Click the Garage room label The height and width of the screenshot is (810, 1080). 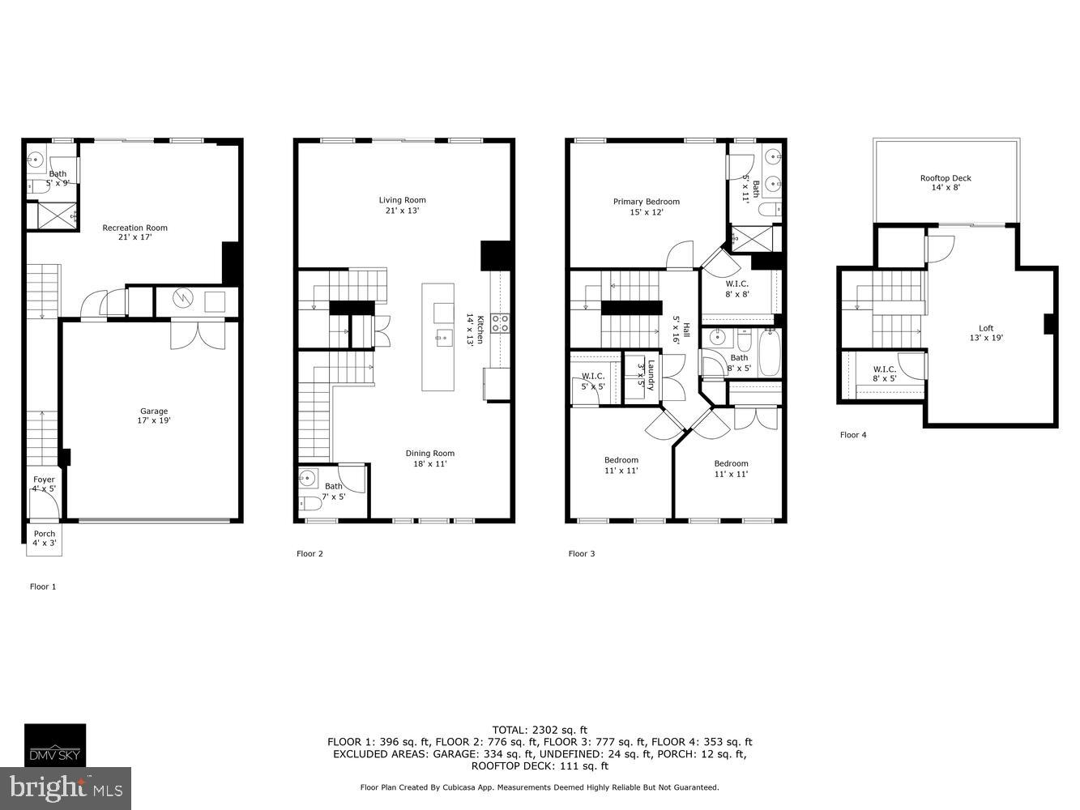point(154,416)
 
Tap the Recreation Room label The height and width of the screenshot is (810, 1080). point(134,232)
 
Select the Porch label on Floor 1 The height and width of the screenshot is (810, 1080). point(44,539)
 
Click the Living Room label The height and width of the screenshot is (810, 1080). point(402,205)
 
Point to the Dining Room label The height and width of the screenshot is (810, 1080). point(429,458)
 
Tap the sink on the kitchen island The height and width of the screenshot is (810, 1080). point(443,336)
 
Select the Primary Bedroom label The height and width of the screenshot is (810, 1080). point(646,207)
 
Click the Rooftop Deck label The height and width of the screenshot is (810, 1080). point(945,183)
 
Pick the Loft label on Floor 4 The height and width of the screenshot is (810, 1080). point(985,333)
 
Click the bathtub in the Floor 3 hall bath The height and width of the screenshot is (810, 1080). point(768,352)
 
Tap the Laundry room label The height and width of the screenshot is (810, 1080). point(646,375)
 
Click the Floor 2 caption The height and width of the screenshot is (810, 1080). point(309,554)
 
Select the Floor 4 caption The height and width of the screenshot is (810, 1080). point(852,435)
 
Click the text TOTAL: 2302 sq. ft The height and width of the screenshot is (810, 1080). point(540,729)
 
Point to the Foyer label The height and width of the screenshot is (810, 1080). point(44,484)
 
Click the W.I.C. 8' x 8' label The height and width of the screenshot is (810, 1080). point(736,289)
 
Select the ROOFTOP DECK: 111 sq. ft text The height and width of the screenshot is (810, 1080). point(540,766)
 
